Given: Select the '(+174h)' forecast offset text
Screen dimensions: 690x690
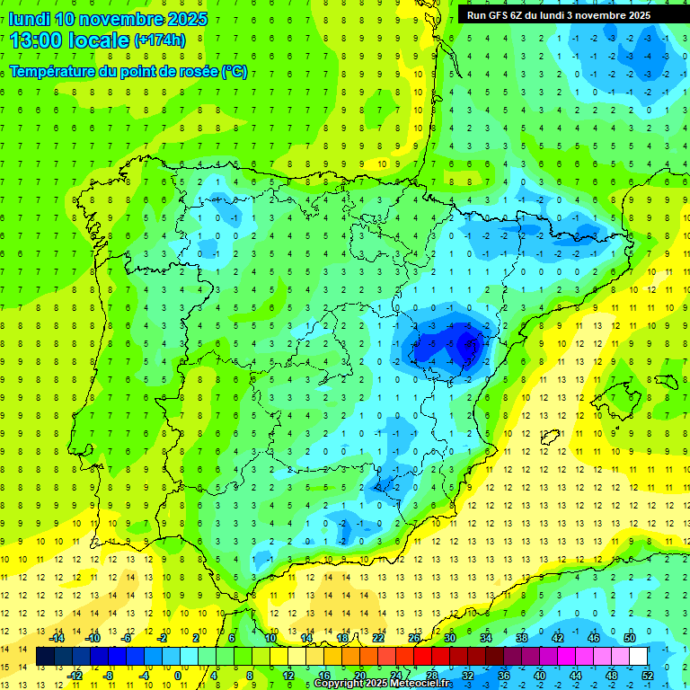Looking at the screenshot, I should coord(159,40).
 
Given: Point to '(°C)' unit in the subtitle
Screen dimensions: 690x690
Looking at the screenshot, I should coord(234,72).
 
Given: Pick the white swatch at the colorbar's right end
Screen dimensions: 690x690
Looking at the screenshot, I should coord(638,657).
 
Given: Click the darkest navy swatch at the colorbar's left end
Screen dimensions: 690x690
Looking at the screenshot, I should coord(45,657).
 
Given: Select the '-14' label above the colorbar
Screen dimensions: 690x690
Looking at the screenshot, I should coord(56,638).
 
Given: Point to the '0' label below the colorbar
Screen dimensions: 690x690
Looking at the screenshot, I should coord(178,676).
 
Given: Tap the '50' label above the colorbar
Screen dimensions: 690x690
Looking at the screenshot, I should coord(629,638).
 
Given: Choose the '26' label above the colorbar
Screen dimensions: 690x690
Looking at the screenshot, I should coord(414,638).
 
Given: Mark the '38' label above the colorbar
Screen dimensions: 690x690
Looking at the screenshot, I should coord(522,638).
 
